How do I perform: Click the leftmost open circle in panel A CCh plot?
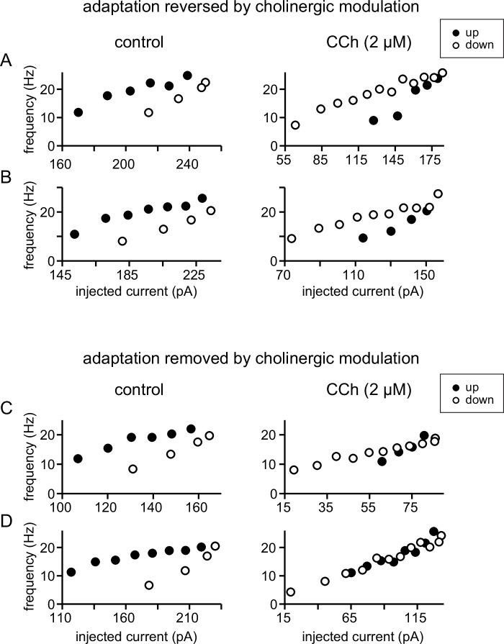[x=295, y=125]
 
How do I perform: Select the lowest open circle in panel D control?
[x=149, y=585]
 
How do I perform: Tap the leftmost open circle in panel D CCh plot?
[x=291, y=592]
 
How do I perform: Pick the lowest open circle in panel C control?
[x=132, y=469]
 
